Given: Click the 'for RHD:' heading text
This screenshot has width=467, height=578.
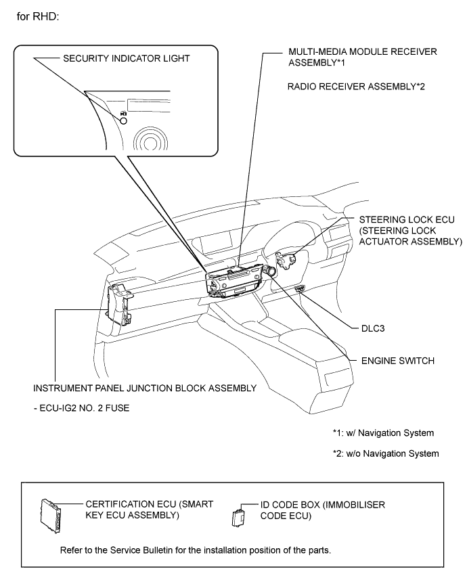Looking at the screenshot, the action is point(38,17).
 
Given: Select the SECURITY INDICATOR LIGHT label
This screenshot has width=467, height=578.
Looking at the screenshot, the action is point(127,59).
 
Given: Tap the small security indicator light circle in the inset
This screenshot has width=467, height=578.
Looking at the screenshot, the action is point(124,120).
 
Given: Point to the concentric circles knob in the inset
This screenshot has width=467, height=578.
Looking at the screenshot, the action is point(150,139).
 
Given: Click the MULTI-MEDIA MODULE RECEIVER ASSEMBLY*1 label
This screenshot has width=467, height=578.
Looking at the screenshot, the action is point(363,57).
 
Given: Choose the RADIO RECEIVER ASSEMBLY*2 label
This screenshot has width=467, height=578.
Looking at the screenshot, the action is point(356,87).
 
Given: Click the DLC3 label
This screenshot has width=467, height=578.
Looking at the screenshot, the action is point(373,328).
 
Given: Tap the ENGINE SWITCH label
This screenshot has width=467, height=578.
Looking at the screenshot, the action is point(398,361).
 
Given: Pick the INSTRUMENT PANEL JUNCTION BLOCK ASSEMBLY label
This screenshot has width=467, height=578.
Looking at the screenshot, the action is point(145,388).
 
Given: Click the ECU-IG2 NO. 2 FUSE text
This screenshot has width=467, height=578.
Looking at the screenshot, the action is point(81,408).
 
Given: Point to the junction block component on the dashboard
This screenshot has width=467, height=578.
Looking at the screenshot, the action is point(119,304).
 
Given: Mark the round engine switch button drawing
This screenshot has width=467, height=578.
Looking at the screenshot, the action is point(270,271).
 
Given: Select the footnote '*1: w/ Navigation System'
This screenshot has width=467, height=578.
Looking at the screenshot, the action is point(383,432).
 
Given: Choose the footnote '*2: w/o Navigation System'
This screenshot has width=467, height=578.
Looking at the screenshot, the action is point(386,453).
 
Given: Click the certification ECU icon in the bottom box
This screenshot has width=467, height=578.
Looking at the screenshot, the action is point(51,516).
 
